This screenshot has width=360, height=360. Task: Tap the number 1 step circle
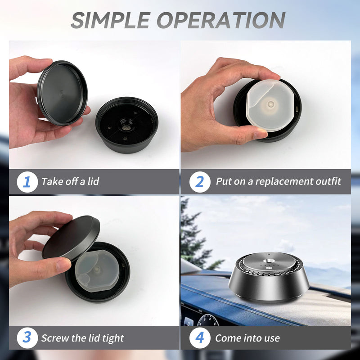(x=27, y=182)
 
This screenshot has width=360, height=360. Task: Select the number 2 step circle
(x=199, y=182)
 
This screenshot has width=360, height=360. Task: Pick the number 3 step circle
(x=27, y=337)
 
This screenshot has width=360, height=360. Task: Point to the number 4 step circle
(x=199, y=337)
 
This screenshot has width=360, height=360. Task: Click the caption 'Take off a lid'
(x=70, y=182)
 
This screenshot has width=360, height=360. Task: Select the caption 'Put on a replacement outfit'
(x=278, y=182)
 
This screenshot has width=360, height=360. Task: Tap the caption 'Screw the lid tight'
(x=82, y=337)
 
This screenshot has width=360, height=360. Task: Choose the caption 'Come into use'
(x=247, y=337)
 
